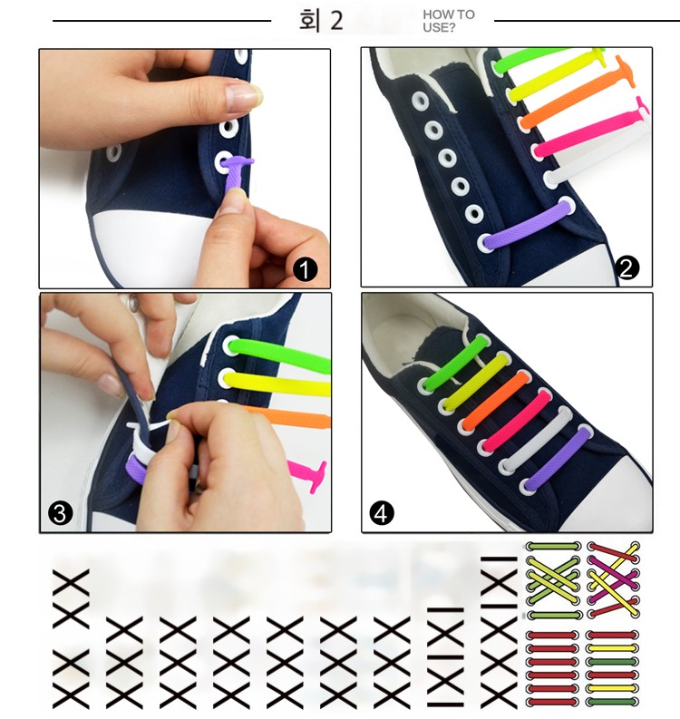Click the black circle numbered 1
(305, 269)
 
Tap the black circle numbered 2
(627, 267)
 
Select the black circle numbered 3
(60, 513)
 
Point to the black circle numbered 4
(382, 513)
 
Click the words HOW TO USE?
(449, 21)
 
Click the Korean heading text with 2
(321, 21)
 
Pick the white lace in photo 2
(596, 156)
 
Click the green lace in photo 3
(279, 355)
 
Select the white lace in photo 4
(537, 441)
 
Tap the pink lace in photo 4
(516, 420)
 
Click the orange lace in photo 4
(496, 401)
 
